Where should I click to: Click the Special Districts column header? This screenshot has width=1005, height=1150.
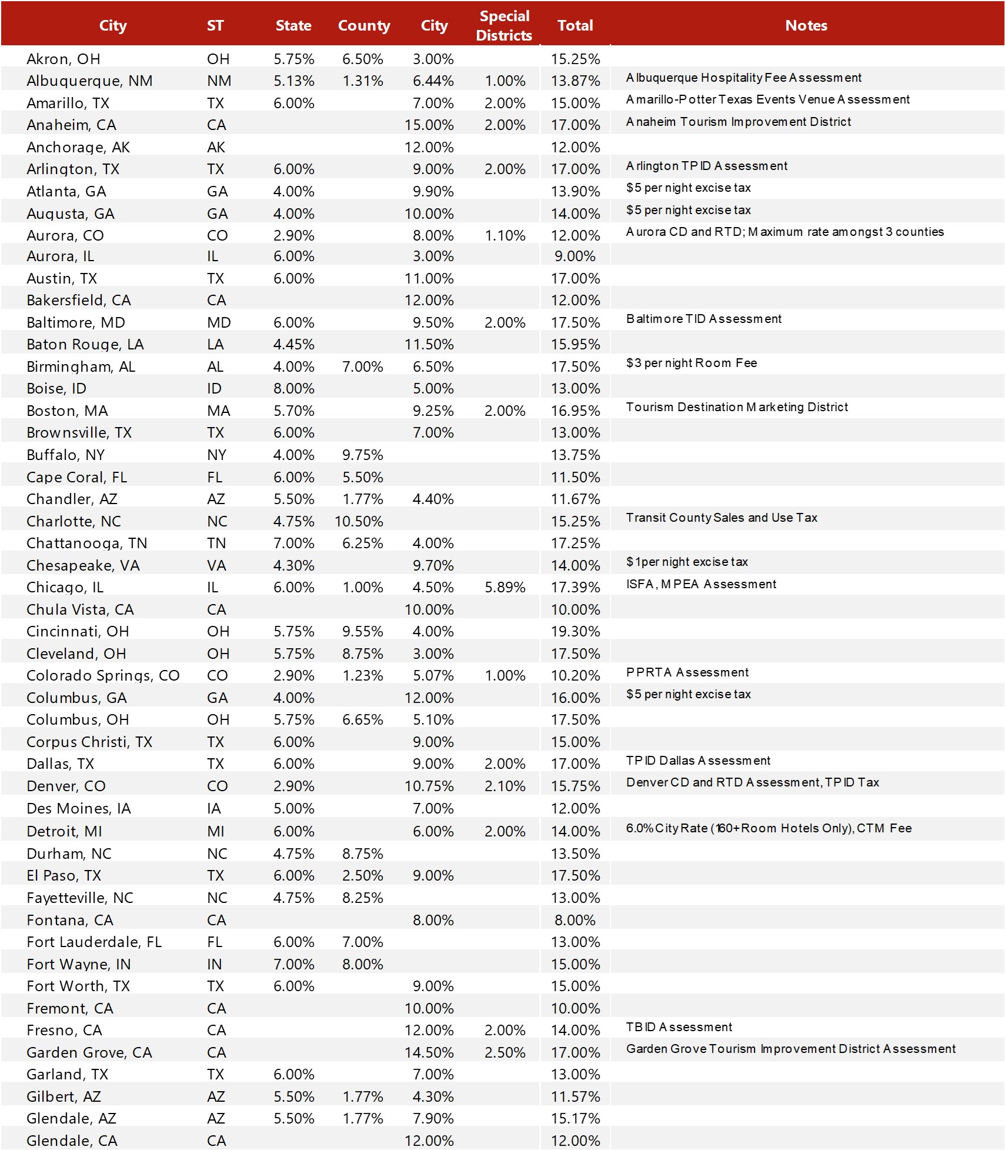click(x=504, y=25)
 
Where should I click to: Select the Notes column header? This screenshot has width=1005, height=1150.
click(x=806, y=25)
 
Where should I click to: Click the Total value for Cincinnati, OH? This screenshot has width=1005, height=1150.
click(x=575, y=631)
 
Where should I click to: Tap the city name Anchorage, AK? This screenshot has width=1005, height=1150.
click(x=78, y=147)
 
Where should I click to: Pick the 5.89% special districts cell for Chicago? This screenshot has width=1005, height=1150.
click(x=505, y=587)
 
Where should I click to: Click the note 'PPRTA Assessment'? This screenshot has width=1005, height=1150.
click(x=687, y=672)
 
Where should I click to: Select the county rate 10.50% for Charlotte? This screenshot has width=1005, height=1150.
click(x=359, y=521)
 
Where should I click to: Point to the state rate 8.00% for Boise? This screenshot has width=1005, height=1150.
click(x=293, y=388)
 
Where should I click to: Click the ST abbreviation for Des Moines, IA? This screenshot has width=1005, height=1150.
click(x=214, y=808)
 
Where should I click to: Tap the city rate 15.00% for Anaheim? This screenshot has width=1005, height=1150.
click(x=429, y=125)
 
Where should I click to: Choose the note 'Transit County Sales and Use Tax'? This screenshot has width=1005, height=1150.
click(x=721, y=518)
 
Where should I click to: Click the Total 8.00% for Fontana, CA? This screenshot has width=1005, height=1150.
click(x=575, y=920)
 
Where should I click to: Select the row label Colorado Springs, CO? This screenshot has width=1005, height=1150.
click(x=103, y=675)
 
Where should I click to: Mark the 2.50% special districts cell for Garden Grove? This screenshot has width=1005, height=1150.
click(x=505, y=1052)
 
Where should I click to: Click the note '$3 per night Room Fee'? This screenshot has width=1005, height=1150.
click(x=691, y=363)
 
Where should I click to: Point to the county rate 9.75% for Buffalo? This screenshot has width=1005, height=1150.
click(x=362, y=455)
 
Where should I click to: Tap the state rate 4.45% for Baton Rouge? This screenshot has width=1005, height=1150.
click(x=293, y=344)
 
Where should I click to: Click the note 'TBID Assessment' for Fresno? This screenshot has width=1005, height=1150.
click(x=679, y=1027)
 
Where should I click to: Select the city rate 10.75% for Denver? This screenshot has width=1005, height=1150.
click(x=429, y=786)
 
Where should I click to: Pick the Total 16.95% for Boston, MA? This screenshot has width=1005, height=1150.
click(x=575, y=411)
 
